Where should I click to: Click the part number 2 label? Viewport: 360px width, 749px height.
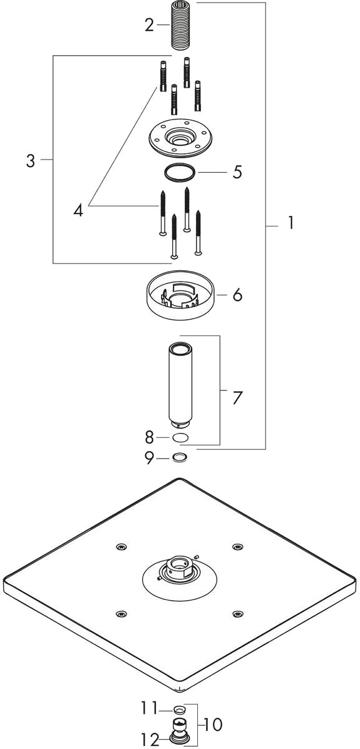coord(150,25)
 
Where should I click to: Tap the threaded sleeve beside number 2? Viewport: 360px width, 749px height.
coord(182,24)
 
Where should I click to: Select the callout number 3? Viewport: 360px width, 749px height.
coord(31,161)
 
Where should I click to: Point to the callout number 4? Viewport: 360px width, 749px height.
coord(78,209)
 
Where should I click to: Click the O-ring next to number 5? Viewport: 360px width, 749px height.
coord(179,173)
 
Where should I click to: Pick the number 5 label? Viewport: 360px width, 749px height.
coord(238,172)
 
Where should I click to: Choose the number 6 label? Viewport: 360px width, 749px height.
coord(237,295)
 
